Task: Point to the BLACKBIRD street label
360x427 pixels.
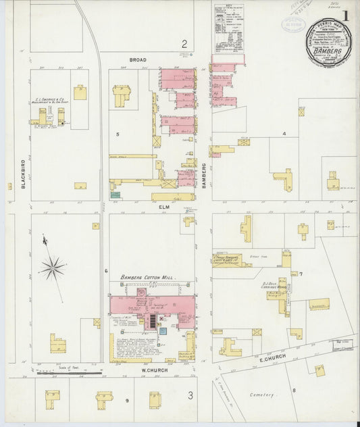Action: pyautogui.click(x=23, y=173)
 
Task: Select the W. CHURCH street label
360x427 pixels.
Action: pyautogui.click(x=154, y=370)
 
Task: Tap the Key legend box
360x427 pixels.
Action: pyautogui.click(x=228, y=28)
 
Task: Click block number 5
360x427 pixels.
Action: pyautogui.click(x=118, y=134)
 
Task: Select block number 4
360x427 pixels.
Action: pyautogui.click(x=284, y=134)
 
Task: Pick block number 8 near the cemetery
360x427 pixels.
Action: pyautogui.click(x=294, y=391)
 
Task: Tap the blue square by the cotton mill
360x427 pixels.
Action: pyautogui.click(x=162, y=331)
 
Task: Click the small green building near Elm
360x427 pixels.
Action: pyautogui.click(x=115, y=195)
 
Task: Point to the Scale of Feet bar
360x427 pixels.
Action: pyautogui.click(x=68, y=371)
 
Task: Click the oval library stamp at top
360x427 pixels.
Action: pyautogui.click(x=292, y=25)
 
